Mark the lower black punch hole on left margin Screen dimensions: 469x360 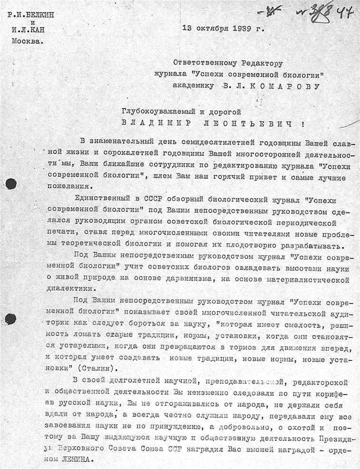point(10,319)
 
